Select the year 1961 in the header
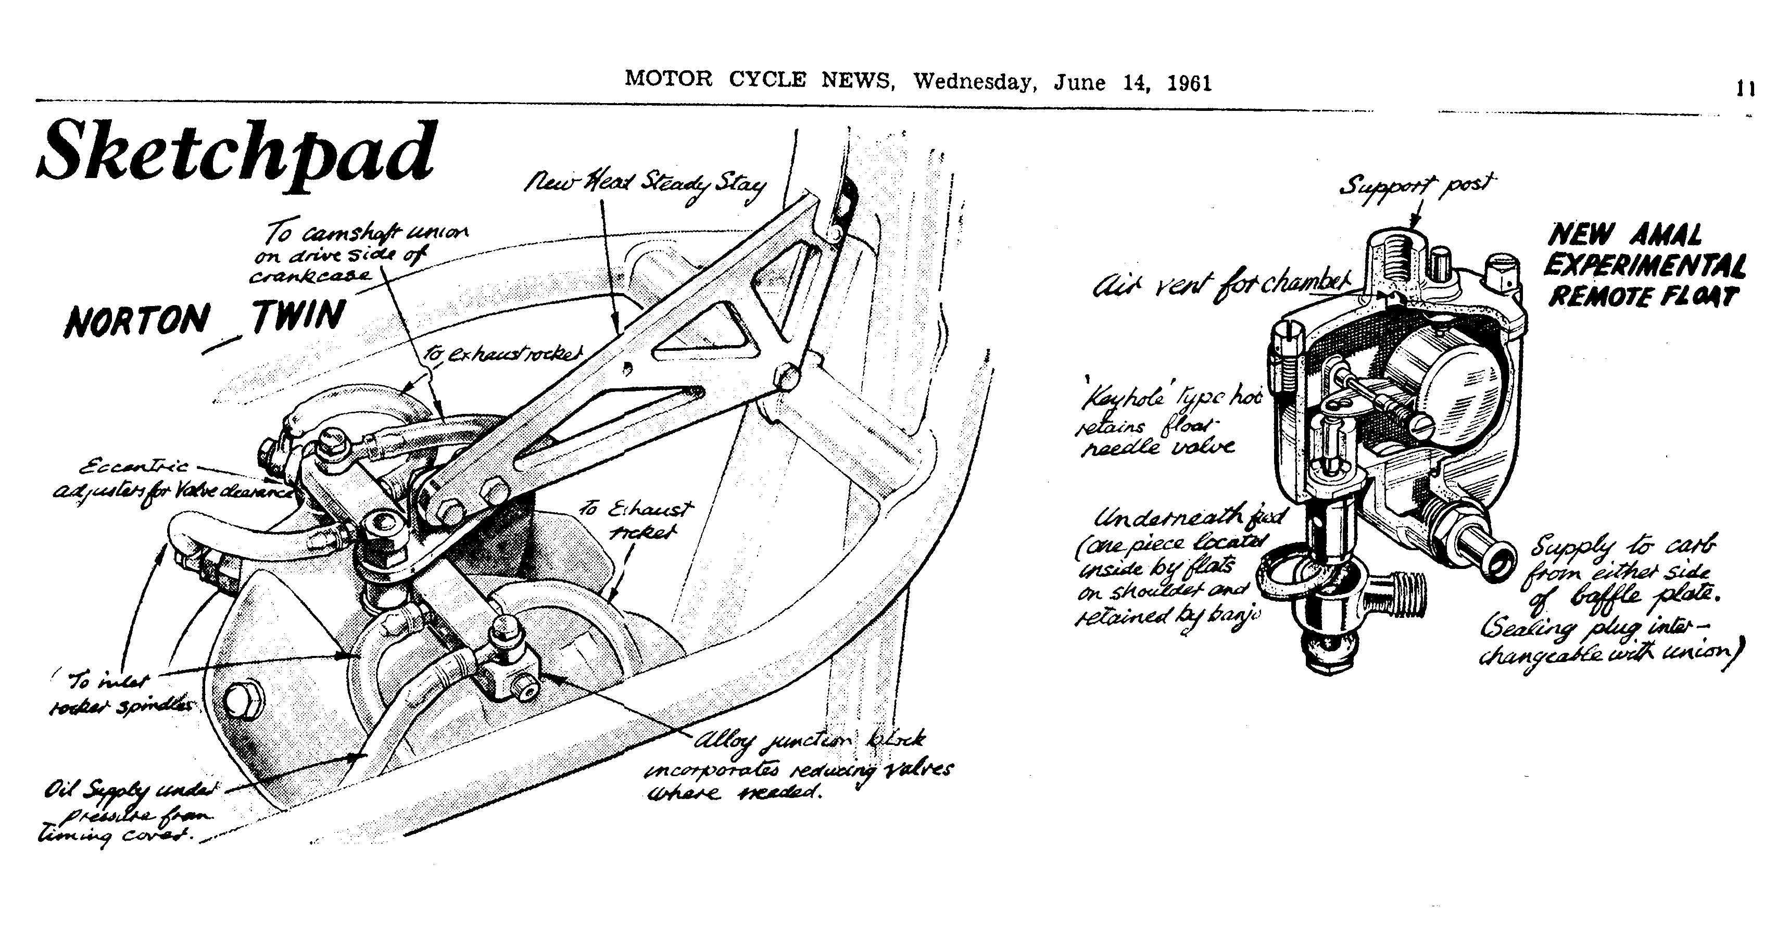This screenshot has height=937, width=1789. (x=1189, y=83)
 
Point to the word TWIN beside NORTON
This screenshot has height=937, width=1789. (x=299, y=316)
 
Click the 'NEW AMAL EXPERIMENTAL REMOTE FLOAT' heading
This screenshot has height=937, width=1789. (x=1646, y=267)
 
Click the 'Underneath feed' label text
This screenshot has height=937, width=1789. (x=1181, y=566)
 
